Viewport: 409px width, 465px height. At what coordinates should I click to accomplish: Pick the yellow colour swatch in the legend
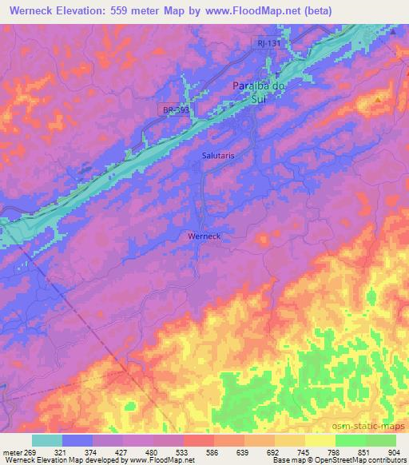pyautogui.click(x=320, y=440)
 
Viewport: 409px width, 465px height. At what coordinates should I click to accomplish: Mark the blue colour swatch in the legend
pyautogui.click(x=77, y=440)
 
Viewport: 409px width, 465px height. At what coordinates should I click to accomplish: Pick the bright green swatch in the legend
pyautogui.click(x=350, y=440)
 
